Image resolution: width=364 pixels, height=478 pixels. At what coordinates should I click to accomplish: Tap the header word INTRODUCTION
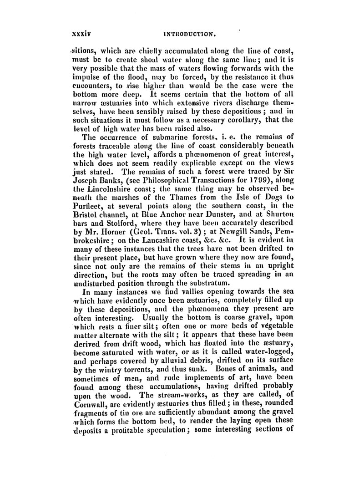tap(199, 34)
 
